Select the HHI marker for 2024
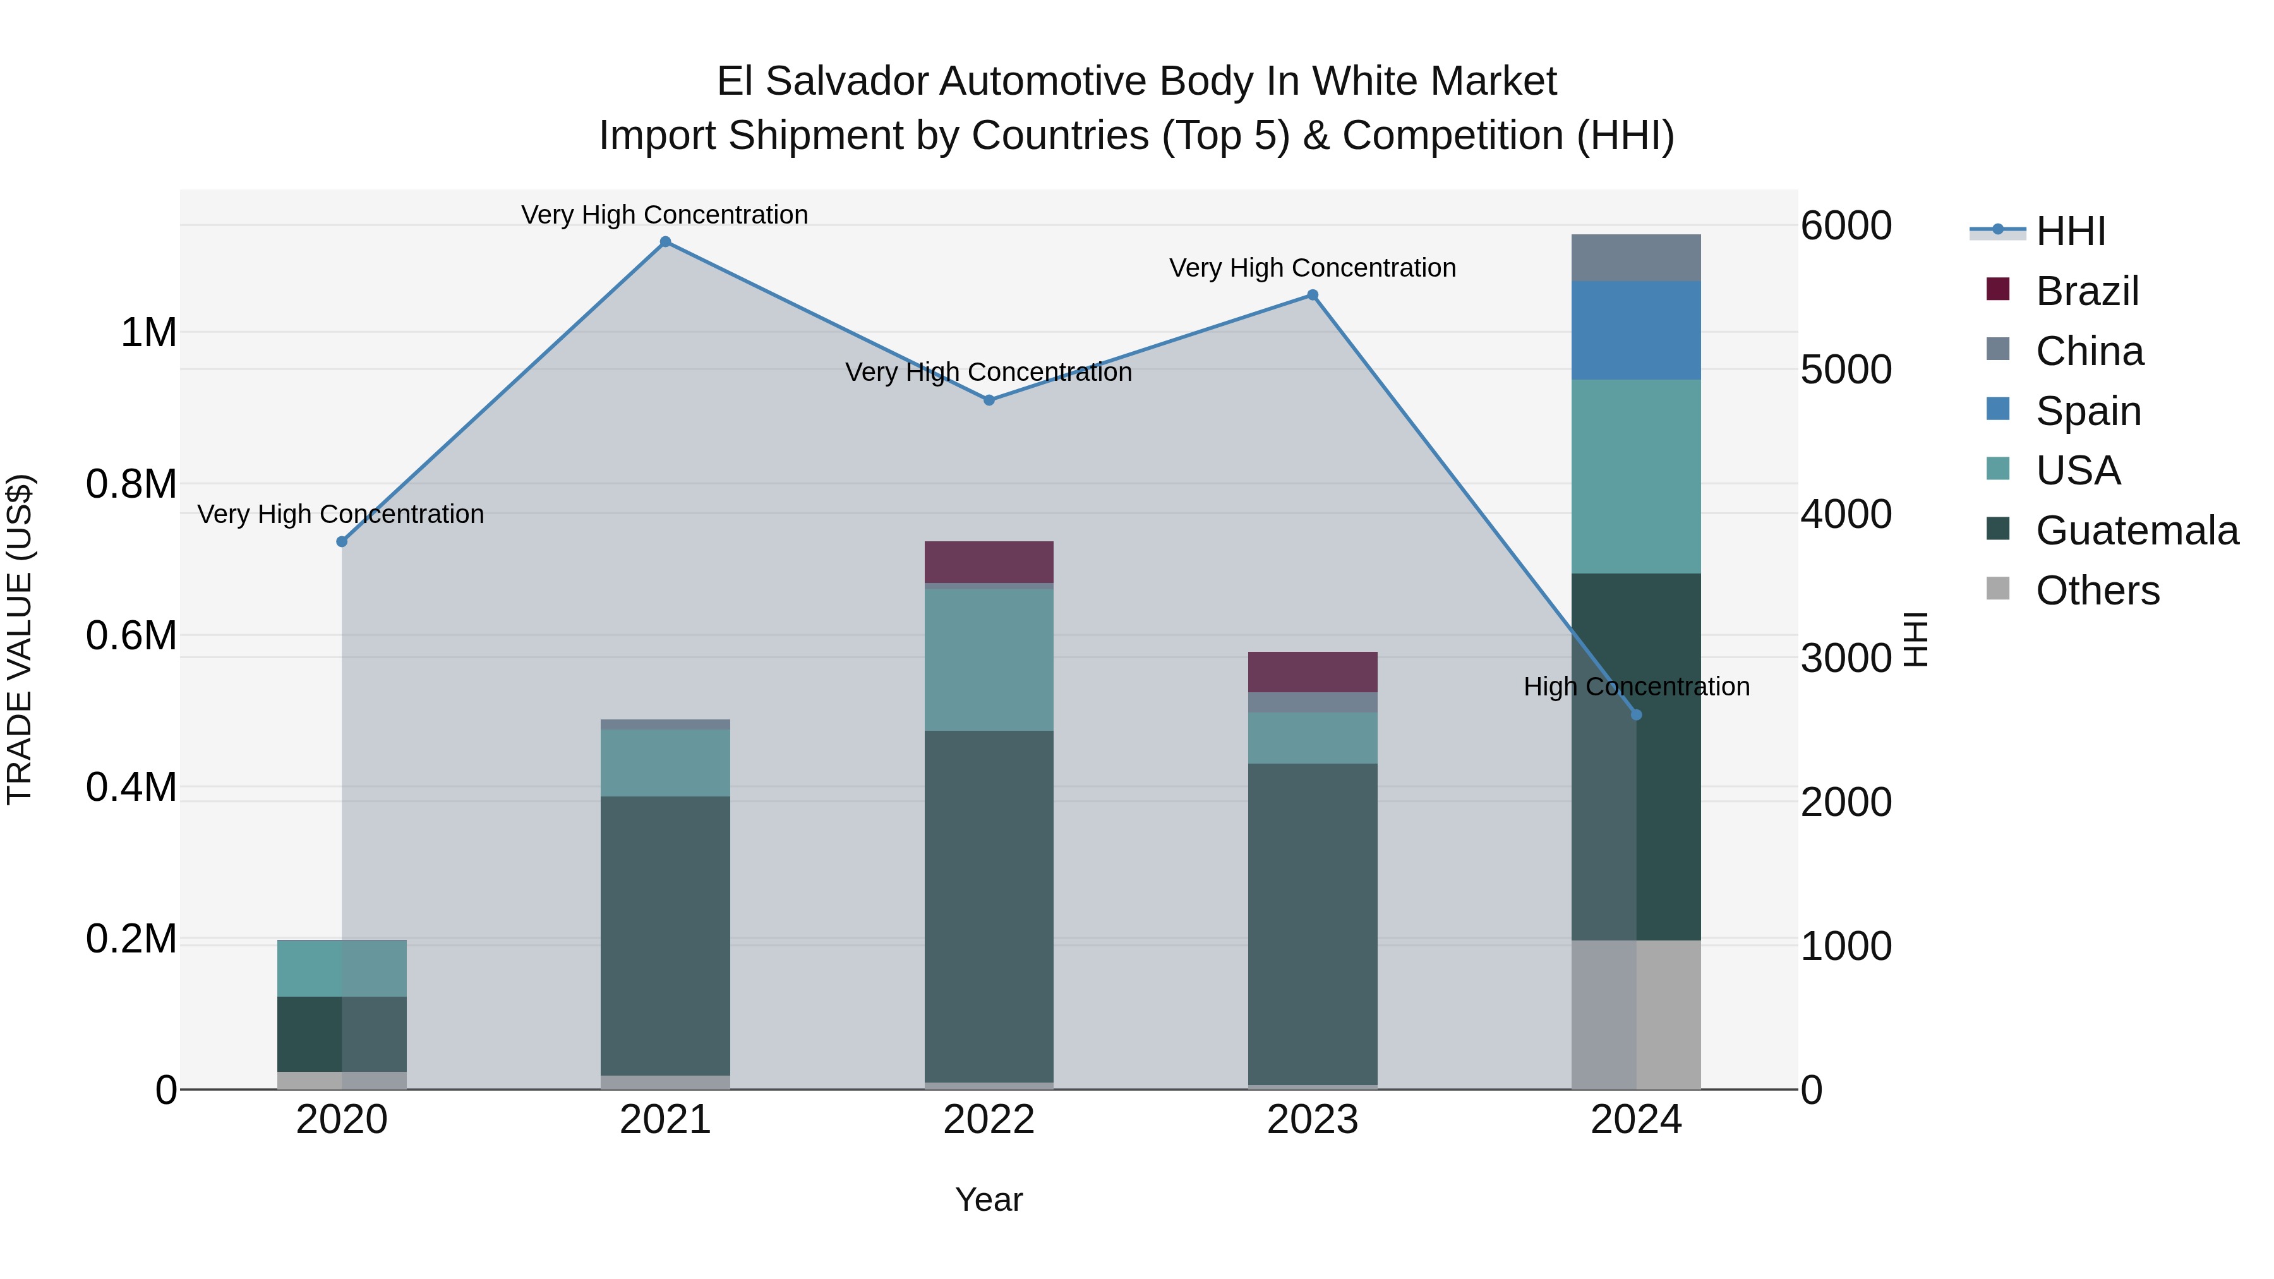1636,715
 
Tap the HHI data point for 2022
989,400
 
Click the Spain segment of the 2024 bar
1636,330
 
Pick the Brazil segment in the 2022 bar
989,561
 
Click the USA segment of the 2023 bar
1313,738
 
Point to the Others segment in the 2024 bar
1636,1014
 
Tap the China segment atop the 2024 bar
1636,258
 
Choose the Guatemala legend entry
2136,531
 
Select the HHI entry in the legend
2070,231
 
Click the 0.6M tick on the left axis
131,635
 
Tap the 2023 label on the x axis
1313,1120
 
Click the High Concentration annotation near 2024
1636,686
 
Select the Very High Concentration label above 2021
665,215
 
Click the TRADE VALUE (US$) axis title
20,639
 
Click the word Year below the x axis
989,1199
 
